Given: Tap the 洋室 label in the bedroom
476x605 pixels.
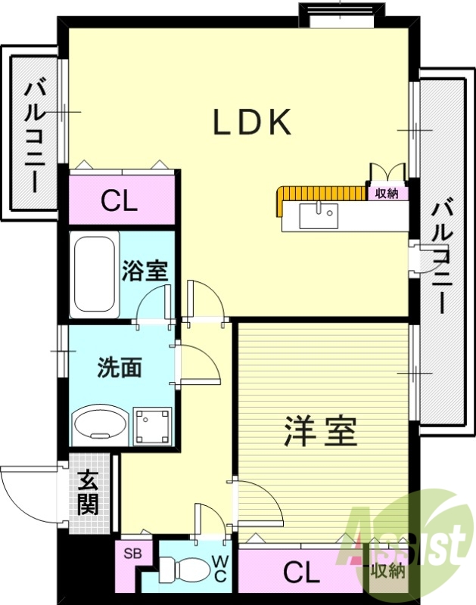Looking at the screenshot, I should pos(320,433).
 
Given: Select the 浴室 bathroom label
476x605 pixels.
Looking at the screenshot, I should pos(145,270).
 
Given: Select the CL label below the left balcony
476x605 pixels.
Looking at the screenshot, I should pos(120,202).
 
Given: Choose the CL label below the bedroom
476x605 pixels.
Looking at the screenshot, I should pos(301,573).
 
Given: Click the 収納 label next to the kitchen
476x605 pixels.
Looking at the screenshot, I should pos(387,194).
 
